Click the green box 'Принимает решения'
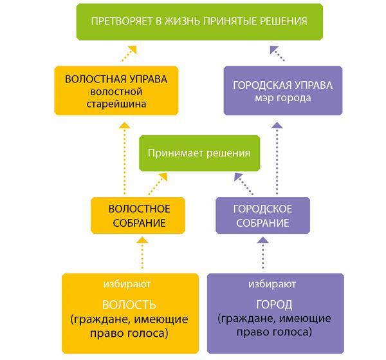point(199,153)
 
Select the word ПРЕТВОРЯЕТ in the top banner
point(122,21)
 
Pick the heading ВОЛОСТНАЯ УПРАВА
point(116,79)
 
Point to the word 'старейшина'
point(116,104)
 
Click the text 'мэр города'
point(283,98)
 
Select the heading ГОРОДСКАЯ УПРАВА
point(283,85)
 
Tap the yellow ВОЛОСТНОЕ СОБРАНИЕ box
point(138,215)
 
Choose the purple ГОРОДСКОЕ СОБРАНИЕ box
point(262,215)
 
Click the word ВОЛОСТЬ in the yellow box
point(129,305)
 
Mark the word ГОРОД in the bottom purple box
point(274,305)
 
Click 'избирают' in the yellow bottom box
point(127,284)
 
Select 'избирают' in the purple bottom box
point(272,284)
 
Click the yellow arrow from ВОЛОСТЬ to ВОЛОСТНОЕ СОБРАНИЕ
point(142,253)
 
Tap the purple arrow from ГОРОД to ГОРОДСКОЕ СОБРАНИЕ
point(263,253)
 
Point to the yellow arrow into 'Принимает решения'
point(158,184)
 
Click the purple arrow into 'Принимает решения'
point(244,184)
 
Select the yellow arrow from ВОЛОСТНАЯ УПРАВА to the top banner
point(129,53)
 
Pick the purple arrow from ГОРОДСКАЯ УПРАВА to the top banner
point(277,53)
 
